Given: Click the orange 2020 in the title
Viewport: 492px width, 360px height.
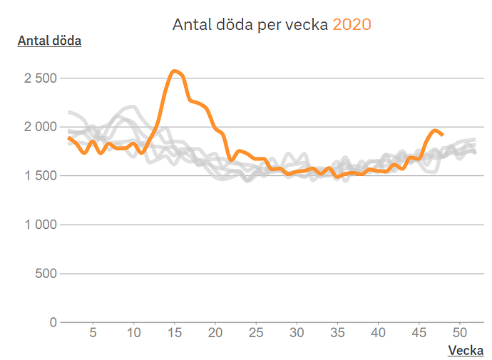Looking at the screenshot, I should pos(352,24).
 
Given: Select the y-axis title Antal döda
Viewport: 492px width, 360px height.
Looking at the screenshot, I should pos(49,41).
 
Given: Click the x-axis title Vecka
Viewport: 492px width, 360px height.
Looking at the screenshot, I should pos(465,350).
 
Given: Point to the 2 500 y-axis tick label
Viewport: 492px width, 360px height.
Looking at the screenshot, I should pos(40,78).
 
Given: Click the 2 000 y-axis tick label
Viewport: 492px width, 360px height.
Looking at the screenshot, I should pos(40,127).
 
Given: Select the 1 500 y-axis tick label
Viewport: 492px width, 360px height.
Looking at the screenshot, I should pos(40,176).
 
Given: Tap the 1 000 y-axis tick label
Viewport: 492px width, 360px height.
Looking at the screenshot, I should pos(40,225).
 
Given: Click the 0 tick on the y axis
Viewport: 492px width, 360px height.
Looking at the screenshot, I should pos(52,322).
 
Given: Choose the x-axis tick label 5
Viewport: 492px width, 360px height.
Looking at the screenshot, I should pos(93,333).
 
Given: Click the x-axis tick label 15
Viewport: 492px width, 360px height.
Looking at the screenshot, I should pos(174,333).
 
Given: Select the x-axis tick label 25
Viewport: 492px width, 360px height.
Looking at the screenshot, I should pos(256,333).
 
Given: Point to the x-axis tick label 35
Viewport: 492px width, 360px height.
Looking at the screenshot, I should pos(338,333).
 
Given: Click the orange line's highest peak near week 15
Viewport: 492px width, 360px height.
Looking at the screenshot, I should pos(174,71).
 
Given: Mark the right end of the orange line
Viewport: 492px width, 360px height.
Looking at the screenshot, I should pos(443,135).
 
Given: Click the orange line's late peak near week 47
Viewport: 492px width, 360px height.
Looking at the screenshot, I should pos(435,130).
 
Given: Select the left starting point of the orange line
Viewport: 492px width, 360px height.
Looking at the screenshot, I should pos(68,138).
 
